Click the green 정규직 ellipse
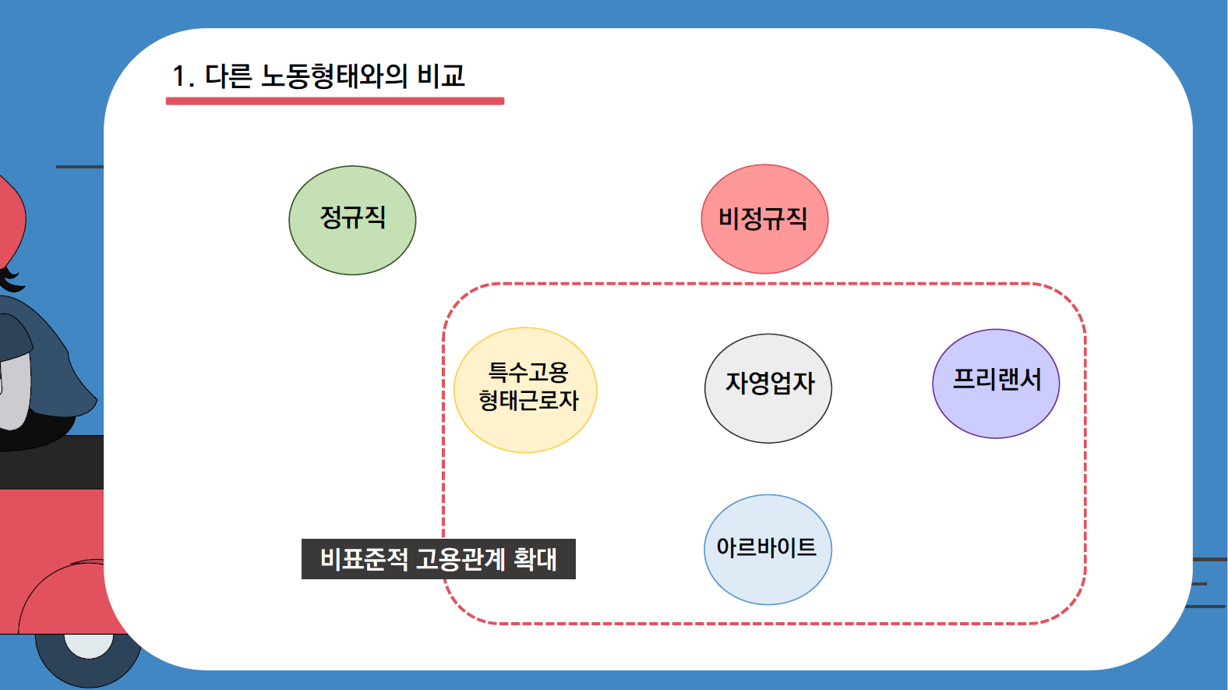click(x=352, y=220)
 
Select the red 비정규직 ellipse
click(x=764, y=219)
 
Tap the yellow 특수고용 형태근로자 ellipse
click(x=525, y=390)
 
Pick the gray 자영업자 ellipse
click(x=768, y=388)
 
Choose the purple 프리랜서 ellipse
click(x=996, y=384)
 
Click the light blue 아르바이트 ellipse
click(x=768, y=550)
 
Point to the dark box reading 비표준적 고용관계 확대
click(x=439, y=559)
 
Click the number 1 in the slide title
click(x=179, y=76)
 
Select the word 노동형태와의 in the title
click(x=333, y=76)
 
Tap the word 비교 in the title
click(x=441, y=76)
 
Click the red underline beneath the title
click(x=335, y=101)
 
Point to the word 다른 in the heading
click(x=228, y=76)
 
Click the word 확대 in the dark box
click(x=535, y=559)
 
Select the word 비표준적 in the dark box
click(x=364, y=559)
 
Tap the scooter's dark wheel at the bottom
click(x=88, y=658)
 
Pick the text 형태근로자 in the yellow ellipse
click(x=528, y=400)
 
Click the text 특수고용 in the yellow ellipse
click(x=528, y=372)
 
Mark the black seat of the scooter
click(x=52, y=462)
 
